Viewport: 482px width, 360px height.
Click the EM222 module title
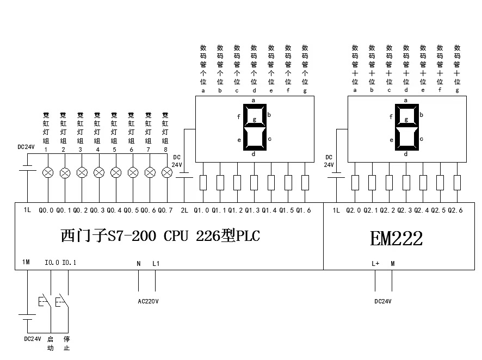pos(396,238)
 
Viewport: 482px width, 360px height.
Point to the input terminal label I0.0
pos(52,263)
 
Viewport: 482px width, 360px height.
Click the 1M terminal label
pos(26,263)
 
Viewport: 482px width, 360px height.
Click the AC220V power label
pos(147,301)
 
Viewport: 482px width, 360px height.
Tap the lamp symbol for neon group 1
pos(48,173)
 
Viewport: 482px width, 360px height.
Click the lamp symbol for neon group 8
pos(168,173)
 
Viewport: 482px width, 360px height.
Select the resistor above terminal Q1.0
pos(203,182)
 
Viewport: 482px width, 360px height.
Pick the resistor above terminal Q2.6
pos(457,182)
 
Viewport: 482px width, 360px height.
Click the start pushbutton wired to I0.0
pos(44,301)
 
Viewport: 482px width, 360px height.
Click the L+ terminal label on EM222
pos(375,264)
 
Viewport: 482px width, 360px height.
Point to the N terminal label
pos(139,264)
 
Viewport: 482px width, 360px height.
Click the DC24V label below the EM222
pos(383,301)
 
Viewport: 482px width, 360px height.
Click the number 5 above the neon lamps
pos(114,149)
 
